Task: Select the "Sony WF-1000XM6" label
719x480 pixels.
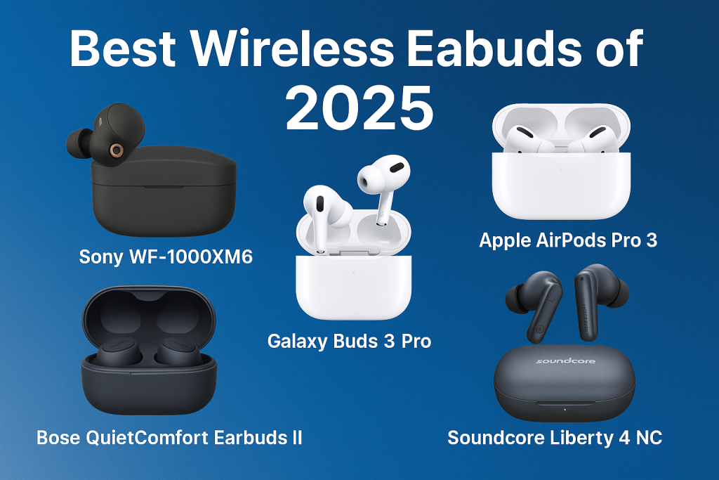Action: pos(166,257)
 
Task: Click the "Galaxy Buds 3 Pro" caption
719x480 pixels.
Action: pos(349,342)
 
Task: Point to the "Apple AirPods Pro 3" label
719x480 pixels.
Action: pos(568,240)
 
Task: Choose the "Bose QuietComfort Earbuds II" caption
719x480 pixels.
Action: pos(169,437)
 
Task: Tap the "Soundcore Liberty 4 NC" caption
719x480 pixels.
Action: pos(555,438)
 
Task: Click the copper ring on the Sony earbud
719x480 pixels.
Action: pos(114,150)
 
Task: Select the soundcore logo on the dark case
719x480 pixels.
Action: pos(565,361)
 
